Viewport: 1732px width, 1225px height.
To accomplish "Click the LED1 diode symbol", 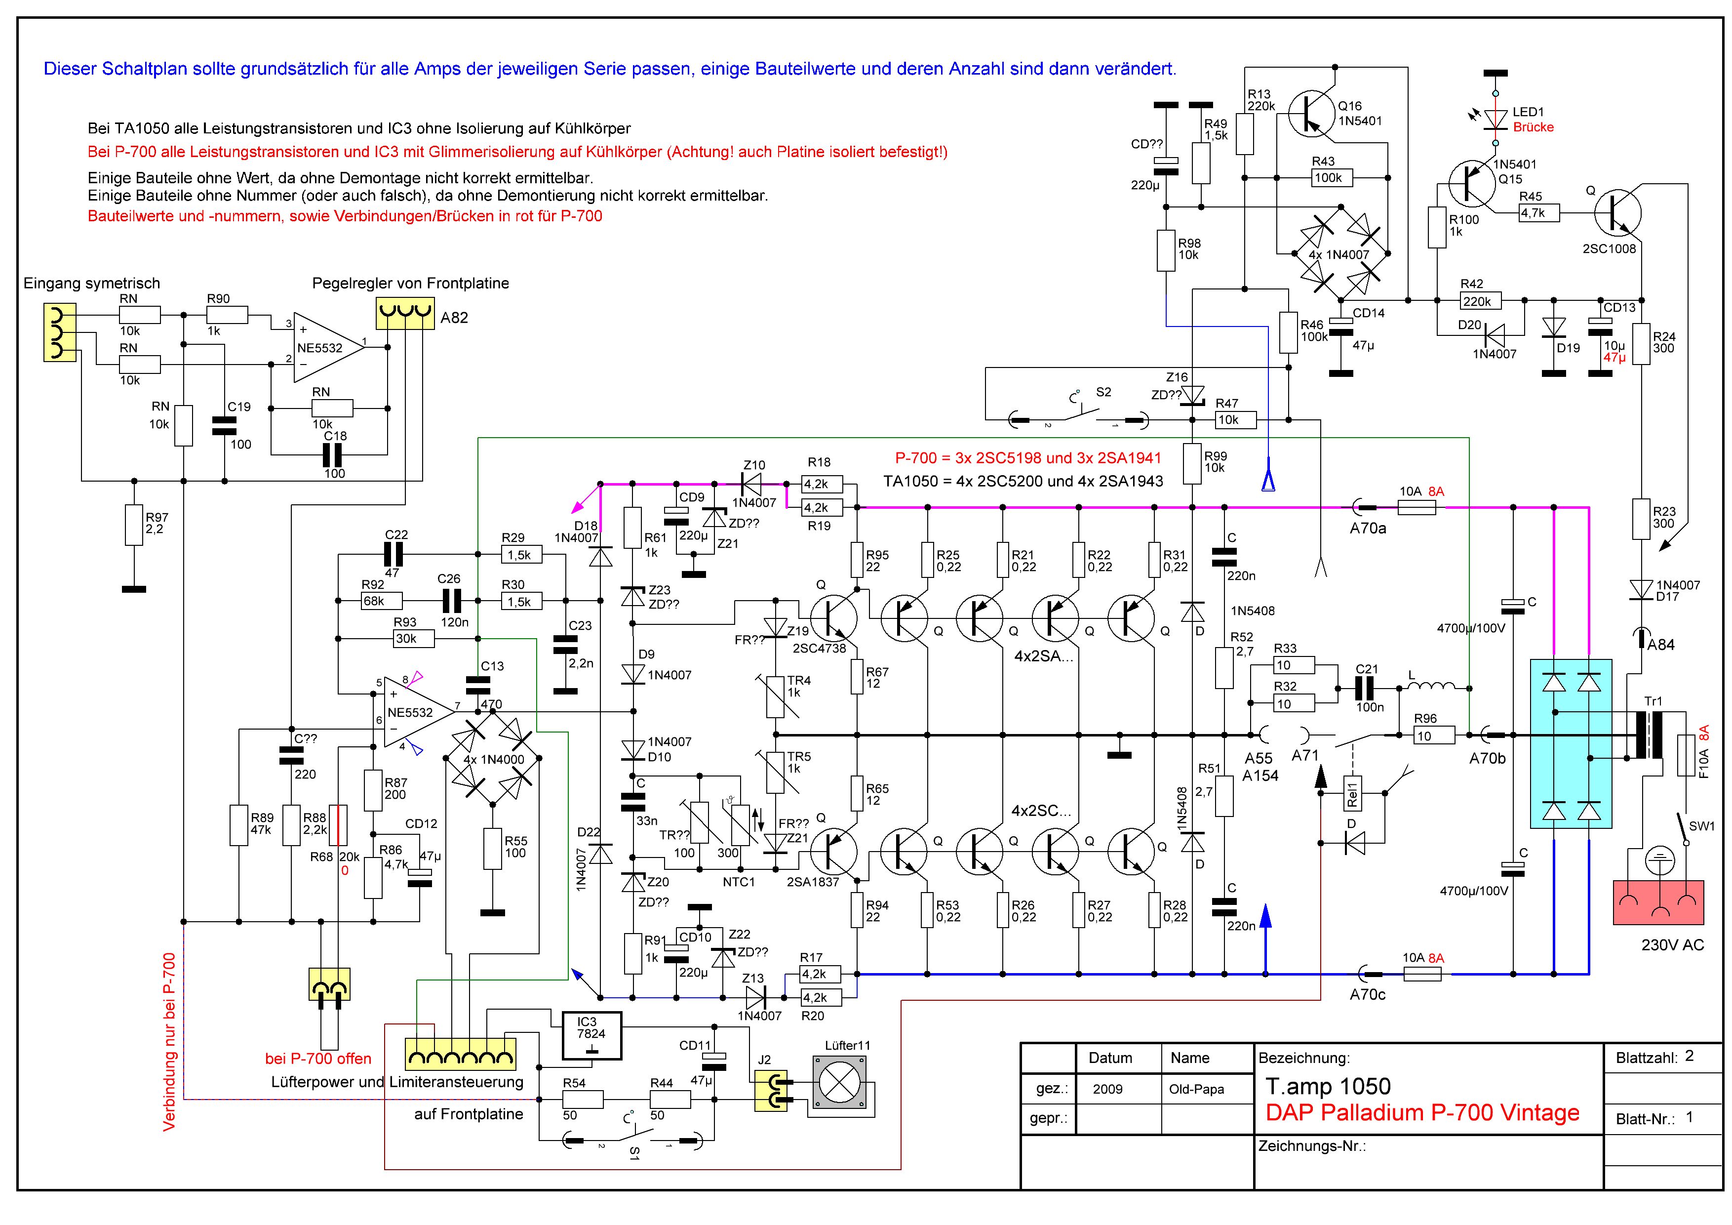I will click(x=1495, y=119).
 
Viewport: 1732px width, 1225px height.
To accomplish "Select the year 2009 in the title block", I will click(x=1107, y=1089).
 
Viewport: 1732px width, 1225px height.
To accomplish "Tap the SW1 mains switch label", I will click(x=1701, y=826).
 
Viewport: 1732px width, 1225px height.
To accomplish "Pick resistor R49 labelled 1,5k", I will click(x=1200, y=163).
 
